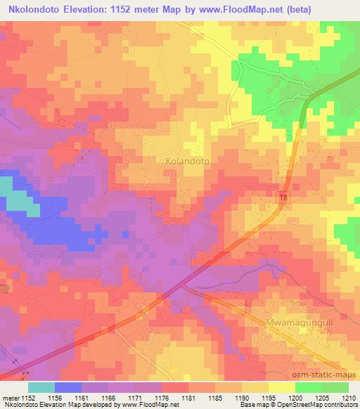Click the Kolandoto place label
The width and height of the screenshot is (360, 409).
coord(188,161)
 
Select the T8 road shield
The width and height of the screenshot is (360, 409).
coord(284,199)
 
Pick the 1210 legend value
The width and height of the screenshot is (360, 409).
coord(349,397)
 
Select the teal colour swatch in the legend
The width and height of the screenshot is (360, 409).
coord(41,387)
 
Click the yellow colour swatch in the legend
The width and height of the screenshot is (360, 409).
coord(281,387)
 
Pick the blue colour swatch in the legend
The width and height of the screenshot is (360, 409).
coord(67,387)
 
